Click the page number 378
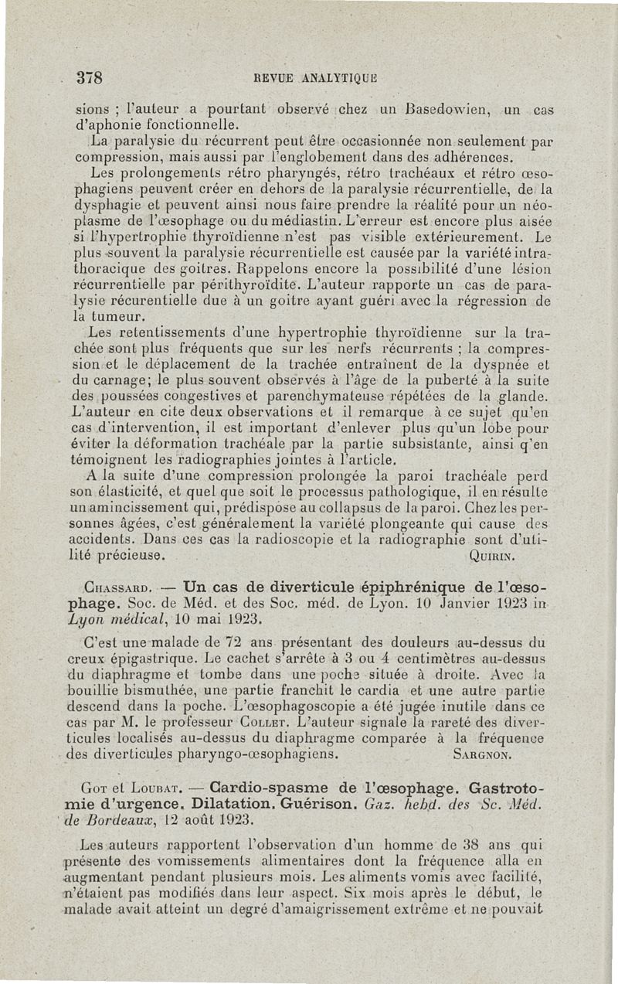(x=90, y=77)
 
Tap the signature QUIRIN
(x=491, y=556)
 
